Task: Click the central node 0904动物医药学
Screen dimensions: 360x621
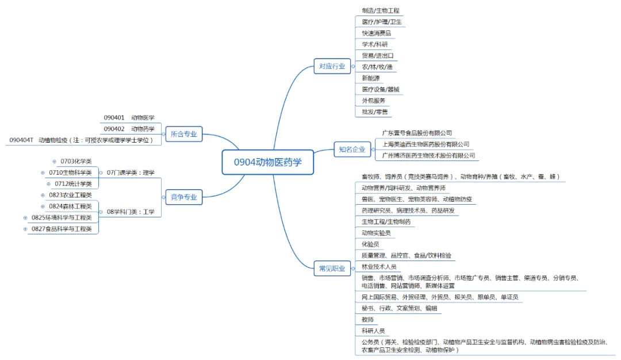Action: [x=267, y=162]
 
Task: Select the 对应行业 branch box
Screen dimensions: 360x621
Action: [x=332, y=66]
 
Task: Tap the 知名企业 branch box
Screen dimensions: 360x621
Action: [x=351, y=150]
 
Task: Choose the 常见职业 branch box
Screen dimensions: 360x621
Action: [x=332, y=268]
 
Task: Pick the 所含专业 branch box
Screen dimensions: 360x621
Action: [x=183, y=135]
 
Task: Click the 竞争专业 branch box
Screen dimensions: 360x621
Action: [x=183, y=197]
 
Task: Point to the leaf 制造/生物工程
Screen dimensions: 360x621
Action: [x=380, y=10]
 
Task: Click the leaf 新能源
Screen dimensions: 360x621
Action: [x=370, y=78]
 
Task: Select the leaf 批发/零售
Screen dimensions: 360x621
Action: [x=374, y=112]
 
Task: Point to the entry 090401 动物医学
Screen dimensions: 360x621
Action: [x=129, y=118]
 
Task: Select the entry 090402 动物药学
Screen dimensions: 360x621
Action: [x=129, y=129]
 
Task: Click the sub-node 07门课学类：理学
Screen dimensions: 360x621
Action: [x=131, y=173]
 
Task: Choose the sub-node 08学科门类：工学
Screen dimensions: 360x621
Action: [x=131, y=212]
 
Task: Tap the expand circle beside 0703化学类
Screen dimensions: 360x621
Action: [x=55, y=162]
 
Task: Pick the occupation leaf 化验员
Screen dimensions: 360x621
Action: [x=370, y=244]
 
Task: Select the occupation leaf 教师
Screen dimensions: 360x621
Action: [x=367, y=319]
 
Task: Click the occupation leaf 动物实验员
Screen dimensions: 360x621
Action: [x=376, y=233]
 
